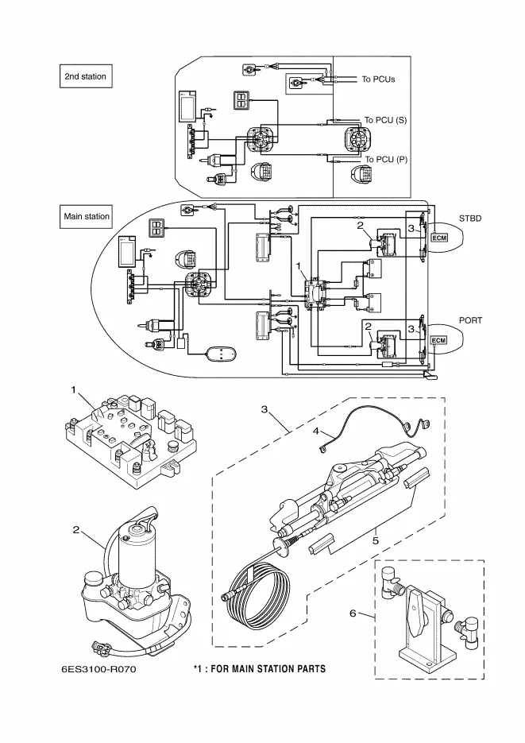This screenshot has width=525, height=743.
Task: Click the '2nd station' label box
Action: [85, 76]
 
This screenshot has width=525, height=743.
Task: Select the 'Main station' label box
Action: [87, 216]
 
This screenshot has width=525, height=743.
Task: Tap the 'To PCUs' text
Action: [378, 79]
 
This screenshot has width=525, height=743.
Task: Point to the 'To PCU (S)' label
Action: [385, 120]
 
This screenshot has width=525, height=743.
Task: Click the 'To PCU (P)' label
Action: [385, 160]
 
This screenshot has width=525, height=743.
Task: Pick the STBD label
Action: [470, 216]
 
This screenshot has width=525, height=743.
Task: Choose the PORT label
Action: [471, 319]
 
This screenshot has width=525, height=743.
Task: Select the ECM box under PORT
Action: [438, 340]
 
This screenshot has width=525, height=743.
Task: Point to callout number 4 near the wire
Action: [315, 431]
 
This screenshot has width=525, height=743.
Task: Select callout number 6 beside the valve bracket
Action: [353, 613]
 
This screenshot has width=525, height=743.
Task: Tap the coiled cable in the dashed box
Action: [253, 595]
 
